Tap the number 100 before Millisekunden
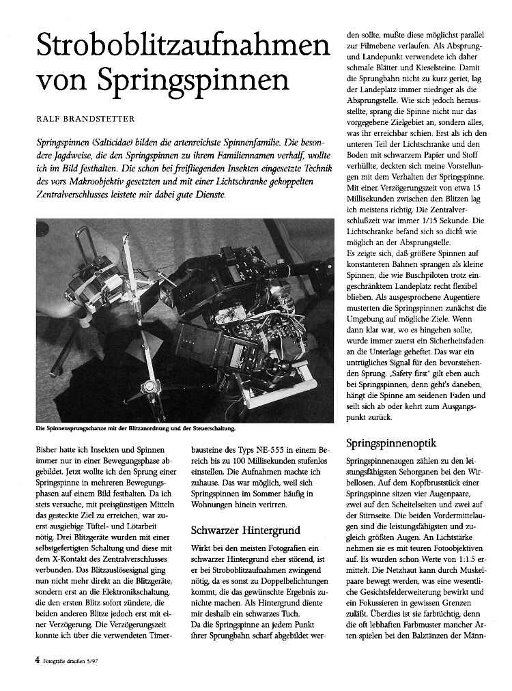[x=230, y=464]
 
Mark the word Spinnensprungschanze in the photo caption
[x=74, y=429]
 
